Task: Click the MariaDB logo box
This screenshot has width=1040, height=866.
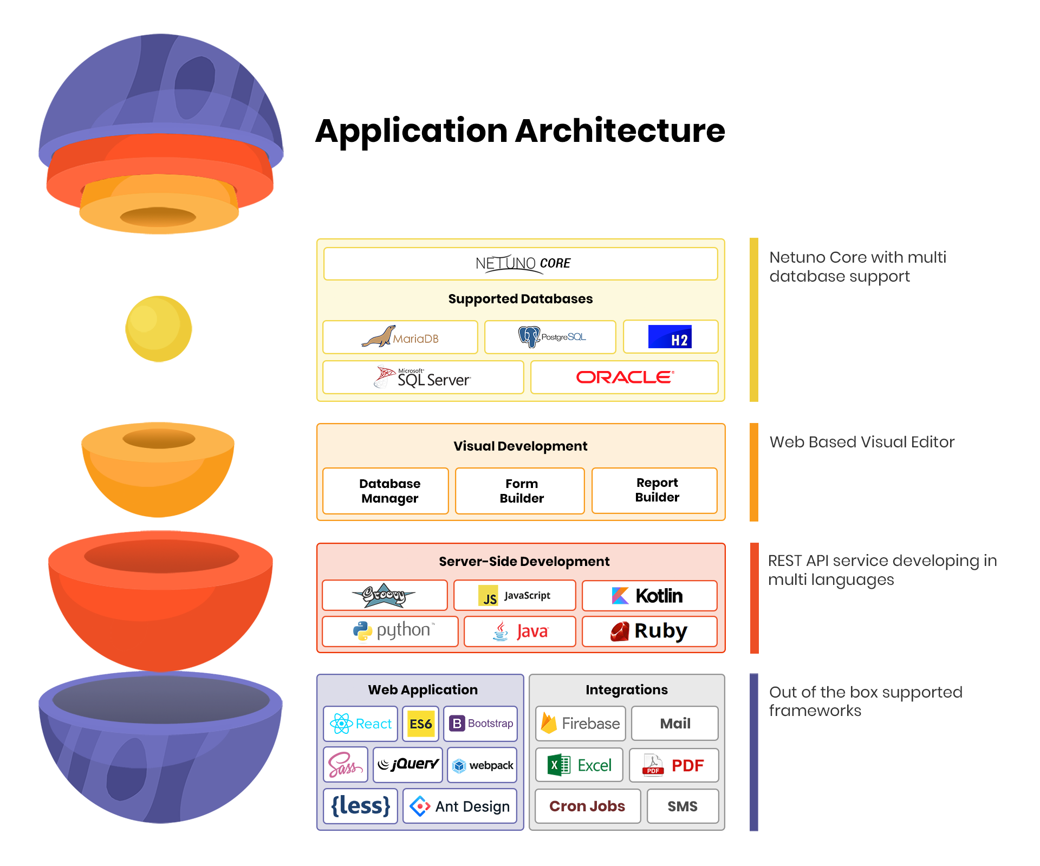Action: (x=400, y=337)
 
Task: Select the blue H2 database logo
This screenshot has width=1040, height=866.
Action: (x=670, y=337)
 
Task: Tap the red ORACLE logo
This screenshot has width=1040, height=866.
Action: (x=625, y=377)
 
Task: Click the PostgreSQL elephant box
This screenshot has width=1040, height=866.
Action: (x=550, y=337)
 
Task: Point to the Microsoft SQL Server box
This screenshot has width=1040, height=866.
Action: (x=422, y=377)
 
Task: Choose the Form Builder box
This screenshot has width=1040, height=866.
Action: (x=520, y=491)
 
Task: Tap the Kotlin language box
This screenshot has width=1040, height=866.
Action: (x=649, y=595)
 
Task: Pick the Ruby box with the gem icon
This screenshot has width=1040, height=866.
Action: (x=649, y=631)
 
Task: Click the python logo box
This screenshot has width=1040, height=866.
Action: (x=390, y=631)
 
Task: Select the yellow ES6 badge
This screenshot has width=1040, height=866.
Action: (x=420, y=724)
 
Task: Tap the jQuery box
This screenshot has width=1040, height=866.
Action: (x=407, y=765)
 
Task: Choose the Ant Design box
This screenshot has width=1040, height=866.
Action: (x=459, y=806)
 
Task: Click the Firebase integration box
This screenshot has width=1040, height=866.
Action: (x=580, y=723)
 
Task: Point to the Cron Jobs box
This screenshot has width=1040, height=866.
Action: (x=587, y=806)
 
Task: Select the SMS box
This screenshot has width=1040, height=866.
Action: (x=682, y=806)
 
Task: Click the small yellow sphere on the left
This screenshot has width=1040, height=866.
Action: (x=159, y=329)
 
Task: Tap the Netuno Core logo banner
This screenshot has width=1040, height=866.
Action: (x=520, y=264)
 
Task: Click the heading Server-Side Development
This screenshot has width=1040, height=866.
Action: (x=523, y=561)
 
